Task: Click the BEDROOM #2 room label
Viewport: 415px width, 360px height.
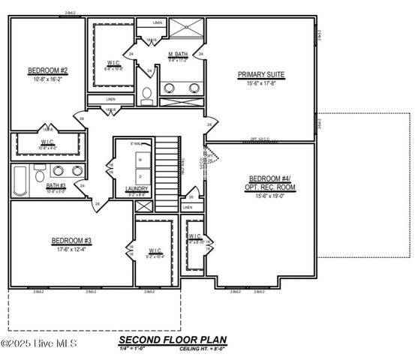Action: pos(48,71)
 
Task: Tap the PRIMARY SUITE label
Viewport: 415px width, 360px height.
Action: pos(261,74)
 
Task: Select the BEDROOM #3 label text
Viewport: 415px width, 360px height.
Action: pos(71,241)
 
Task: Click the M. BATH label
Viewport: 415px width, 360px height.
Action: pos(177,55)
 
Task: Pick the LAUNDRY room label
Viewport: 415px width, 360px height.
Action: pos(137,189)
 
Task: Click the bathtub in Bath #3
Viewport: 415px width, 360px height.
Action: pos(20,180)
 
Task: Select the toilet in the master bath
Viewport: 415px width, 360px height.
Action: pos(148,95)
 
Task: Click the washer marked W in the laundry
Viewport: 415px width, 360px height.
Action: pos(140,160)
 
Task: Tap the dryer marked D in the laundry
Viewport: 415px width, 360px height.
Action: pos(140,175)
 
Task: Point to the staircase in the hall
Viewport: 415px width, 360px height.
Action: pos(167,169)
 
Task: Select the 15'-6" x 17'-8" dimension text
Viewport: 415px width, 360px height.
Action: pos(261,83)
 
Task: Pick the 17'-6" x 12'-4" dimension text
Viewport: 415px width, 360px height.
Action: pos(71,249)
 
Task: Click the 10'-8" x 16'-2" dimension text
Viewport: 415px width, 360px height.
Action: pos(48,79)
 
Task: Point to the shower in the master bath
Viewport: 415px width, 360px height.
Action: pos(185,28)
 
